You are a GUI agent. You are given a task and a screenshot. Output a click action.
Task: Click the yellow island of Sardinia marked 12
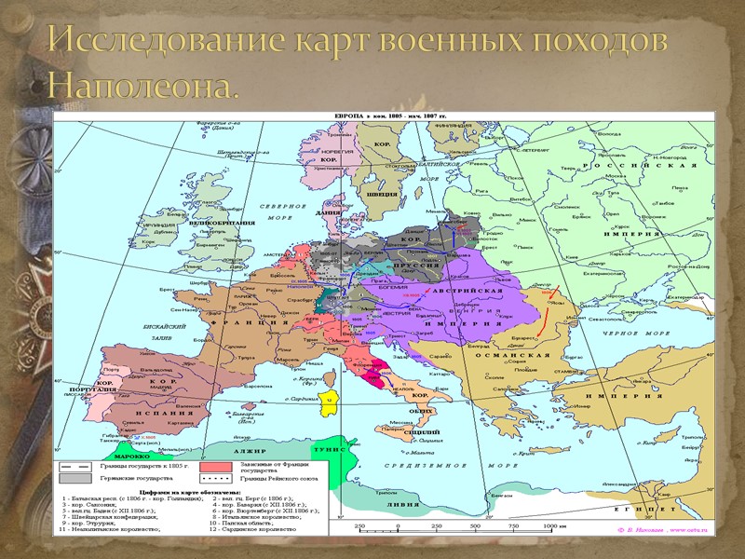(329, 398)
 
